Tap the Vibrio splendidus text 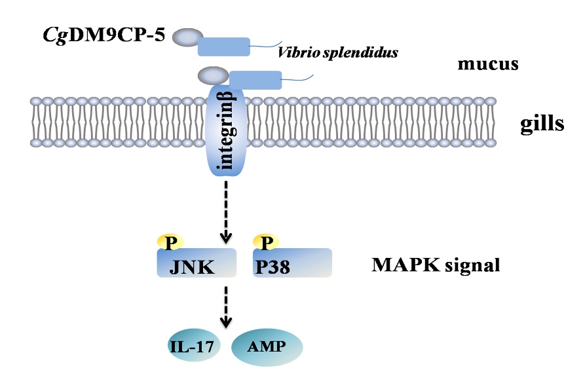tap(338, 52)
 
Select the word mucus tap(488, 65)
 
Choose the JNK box tap(195, 265)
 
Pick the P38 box tap(292, 265)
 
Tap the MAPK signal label tap(436, 265)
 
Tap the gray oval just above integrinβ tap(211, 75)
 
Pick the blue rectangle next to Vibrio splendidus tap(223, 46)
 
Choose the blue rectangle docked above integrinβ tap(255, 80)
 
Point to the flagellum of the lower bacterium tap(297, 78)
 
